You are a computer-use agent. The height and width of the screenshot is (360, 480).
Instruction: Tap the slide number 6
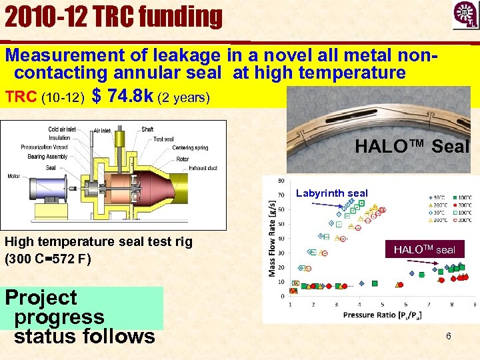pos(448,337)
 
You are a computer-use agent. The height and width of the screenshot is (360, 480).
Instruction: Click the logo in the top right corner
pos(464,15)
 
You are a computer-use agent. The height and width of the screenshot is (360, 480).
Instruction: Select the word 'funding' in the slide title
pos(179,16)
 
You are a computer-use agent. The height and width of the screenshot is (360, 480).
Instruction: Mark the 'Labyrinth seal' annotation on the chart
pos(331,193)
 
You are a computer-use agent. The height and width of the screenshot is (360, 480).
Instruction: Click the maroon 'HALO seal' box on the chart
pos(424,249)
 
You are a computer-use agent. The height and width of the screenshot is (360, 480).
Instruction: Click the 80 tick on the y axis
pos(282,181)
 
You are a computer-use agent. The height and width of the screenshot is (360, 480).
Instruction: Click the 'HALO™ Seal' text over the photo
pos(411,145)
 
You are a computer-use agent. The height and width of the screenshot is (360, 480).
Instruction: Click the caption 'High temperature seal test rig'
pos(98,242)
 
